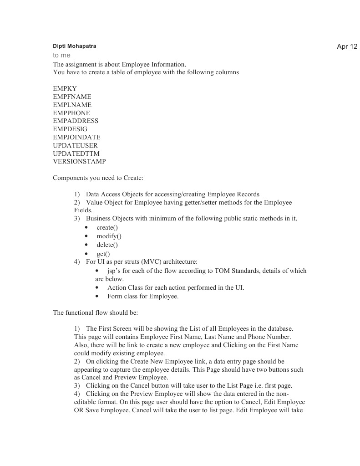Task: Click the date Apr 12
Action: coord(347,46)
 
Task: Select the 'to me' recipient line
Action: coord(61,55)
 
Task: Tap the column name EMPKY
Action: coord(65,88)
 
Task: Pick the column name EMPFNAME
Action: coord(72,97)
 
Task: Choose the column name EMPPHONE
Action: coord(71,113)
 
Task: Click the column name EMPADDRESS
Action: coord(76,121)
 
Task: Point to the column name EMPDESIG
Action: coord(70,129)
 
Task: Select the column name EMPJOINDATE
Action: coord(76,137)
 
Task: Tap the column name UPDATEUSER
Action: coord(75,145)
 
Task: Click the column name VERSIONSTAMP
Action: coord(79,161)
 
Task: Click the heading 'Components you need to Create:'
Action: coord(98,178)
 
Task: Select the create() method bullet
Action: coord(107,227)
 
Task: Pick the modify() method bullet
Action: coord(109,236)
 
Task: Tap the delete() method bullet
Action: coord(107,245)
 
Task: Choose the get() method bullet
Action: coord(103,254)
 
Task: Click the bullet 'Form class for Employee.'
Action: coord(142,296)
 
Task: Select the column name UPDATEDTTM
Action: coord(76,154)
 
